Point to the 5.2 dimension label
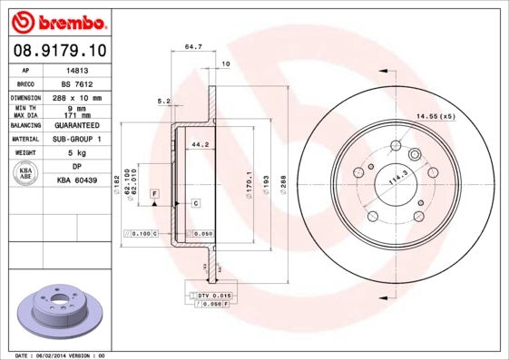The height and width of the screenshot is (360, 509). pyautogui.click(x=164, y=101)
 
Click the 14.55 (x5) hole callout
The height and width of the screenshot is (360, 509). pyautogui.click(x=435, y=117)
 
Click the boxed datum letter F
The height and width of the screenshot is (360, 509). pyautogui.click(x=155, y=194)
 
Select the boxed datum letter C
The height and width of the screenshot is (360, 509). pyautogui.click(x=196, y=203)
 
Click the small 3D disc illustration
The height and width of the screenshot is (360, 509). pyautogui.click(x=62, y=308)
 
